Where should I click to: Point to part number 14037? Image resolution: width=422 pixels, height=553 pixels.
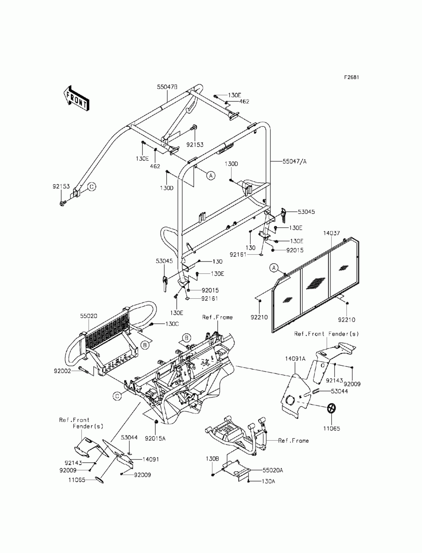coord(332,233)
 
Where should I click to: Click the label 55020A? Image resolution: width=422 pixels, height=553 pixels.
coord(273,470)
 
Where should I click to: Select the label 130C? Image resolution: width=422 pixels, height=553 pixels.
coord(160,324)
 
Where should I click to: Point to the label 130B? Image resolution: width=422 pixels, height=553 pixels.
coord(212,458)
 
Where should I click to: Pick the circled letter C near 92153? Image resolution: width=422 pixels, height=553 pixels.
coord(91,186)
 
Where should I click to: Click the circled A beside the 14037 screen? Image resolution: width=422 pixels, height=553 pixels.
coord(273,267)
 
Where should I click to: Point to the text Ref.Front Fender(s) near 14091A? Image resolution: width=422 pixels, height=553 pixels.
coord(326,334)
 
